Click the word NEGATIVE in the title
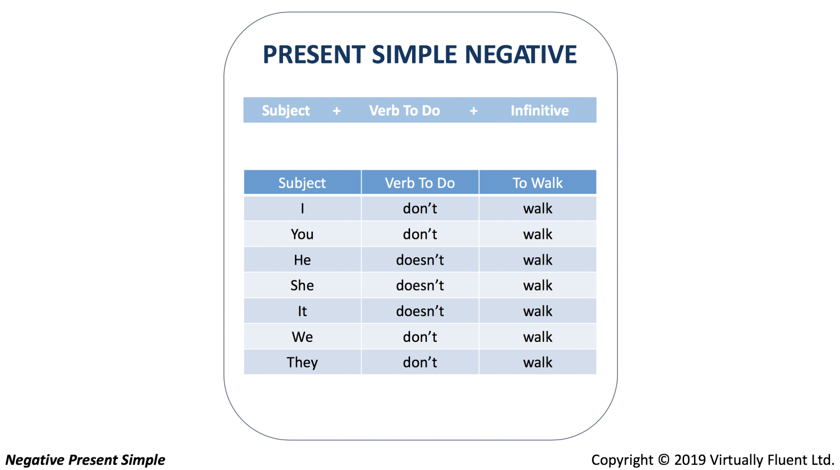pos(520,55)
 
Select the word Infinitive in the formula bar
pos(540,111)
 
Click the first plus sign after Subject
pos(337,111)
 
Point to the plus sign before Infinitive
pos(474,111)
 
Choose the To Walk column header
pos(538,183)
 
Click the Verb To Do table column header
pos(420,183)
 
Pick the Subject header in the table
pos(302,183)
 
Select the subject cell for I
pos(302,208)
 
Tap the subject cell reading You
pos(302,234)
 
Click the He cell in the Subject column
pos(302,259)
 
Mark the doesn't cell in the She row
pos(420,286)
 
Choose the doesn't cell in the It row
pos(420,311)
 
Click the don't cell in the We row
pos(420,337)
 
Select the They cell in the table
pos(302,362)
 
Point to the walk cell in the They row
pos(538,362)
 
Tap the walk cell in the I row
pos(538,208)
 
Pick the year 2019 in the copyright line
pos(690,460)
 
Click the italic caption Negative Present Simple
pos(85,460)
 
